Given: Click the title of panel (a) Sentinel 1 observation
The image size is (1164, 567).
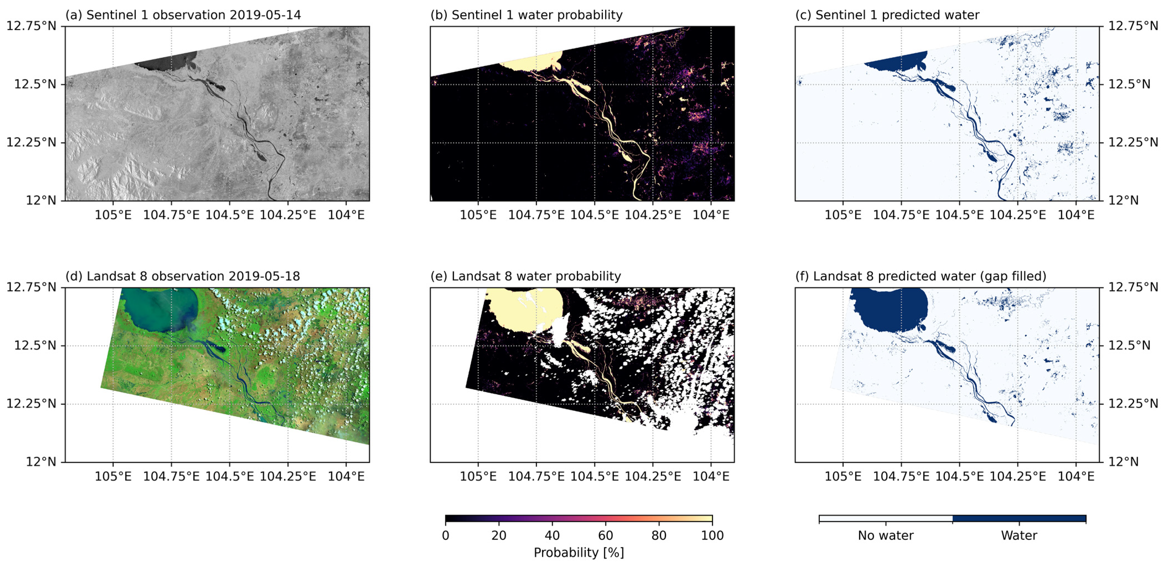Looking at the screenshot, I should click(x=183, y=15).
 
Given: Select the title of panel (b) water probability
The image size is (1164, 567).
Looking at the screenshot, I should click(x=527, y=15).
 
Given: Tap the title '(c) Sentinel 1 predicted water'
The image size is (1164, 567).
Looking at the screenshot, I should click(x=887, y=15).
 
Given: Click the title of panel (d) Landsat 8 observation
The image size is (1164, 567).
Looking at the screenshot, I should click(x=183, y=276).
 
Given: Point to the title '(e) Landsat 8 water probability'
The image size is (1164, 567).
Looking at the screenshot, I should click(x=525, y=276).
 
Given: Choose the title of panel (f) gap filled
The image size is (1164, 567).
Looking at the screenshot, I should click(x=921, y=276).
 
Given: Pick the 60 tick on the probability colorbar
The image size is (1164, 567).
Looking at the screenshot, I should click(x=605, y=536).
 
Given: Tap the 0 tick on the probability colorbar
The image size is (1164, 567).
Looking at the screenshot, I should click(x=445, y=536).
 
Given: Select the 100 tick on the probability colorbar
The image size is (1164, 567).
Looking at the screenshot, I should click(x=712, y=536).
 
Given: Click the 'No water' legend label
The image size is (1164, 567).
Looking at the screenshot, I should click(x=886, y=536).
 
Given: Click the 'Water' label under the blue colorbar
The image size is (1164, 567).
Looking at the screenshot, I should click(x=1019, y=536).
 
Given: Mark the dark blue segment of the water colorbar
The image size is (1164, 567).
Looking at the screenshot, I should click(x=1019, y=519).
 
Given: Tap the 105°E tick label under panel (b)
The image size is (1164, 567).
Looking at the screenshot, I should click(x=478, y=215).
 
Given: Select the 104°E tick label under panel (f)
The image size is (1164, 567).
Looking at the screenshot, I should click(x=1076, y=477).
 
